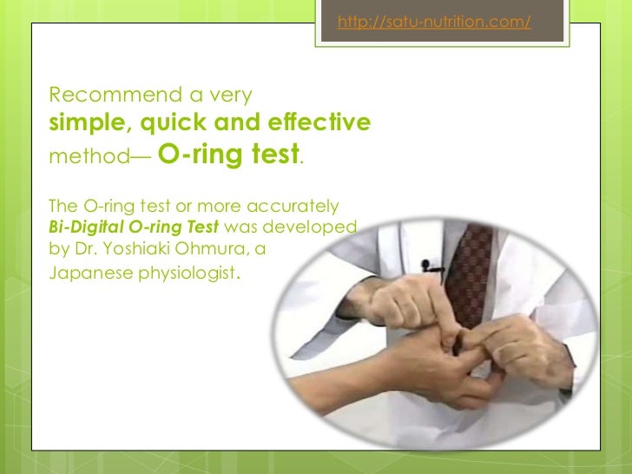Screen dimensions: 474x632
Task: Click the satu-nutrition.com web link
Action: (433, 23)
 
